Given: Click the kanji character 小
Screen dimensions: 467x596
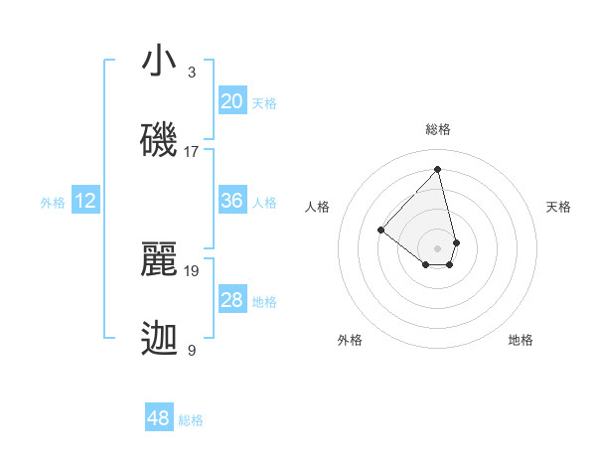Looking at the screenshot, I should (x=159, y=62).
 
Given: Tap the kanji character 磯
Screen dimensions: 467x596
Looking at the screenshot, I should (x=159, y=140).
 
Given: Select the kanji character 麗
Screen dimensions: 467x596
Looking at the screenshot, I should (x=159, y=258).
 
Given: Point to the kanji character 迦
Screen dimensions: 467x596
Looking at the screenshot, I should (x=159, y=339).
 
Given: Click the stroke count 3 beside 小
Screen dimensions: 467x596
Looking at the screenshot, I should (x=192, y=73).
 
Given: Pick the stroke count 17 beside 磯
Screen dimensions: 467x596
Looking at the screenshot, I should (x=192, y=151).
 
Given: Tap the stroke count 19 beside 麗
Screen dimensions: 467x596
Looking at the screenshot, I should (x=192, y=269).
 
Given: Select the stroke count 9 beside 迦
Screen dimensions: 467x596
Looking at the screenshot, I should (x=192, y=350).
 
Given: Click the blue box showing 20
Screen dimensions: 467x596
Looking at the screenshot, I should (x=231, y=101).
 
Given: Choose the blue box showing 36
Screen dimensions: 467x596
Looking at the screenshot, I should (x=231, y=201).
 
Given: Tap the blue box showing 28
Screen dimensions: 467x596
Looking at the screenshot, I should (x=231, y=300).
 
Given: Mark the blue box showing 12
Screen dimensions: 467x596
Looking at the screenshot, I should (x=85, y=201).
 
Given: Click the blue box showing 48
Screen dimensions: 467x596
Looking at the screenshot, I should (x=159, y=418).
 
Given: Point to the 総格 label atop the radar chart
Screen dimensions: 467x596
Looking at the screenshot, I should (x=438, y=129).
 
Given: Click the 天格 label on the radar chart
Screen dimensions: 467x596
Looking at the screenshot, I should (x=558, y=207).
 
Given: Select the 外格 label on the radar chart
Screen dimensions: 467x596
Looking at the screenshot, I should (x=350, y=340).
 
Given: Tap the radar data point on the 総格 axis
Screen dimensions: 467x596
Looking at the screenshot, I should (x=438, y=168).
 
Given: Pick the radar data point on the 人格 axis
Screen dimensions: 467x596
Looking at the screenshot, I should (x=380, y=230).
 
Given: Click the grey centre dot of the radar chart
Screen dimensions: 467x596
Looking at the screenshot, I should (x=438, y=247).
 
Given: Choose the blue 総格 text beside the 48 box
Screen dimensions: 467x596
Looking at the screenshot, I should (x=191, y=420).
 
